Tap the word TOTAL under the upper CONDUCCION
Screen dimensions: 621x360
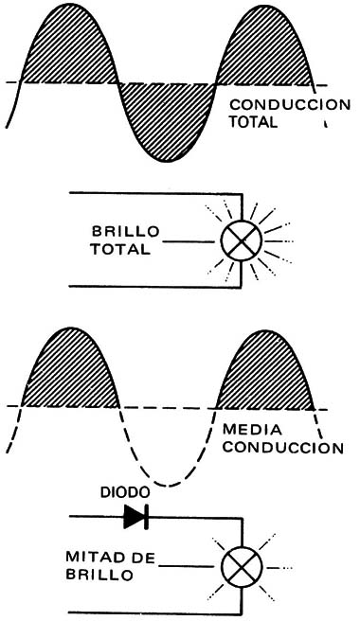254,122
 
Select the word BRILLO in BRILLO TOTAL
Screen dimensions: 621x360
125,232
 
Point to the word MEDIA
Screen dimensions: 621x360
246,430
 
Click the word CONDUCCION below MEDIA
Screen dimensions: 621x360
281,447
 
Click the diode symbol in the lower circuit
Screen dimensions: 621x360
135,517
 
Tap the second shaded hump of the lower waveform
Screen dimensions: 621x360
265,374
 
